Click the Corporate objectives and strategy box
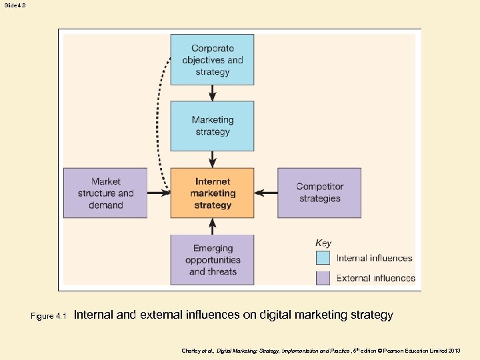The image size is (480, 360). pyautogui.click(x=212, y=59)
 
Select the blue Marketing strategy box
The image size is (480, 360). pyautogui.click(x=212, y=125)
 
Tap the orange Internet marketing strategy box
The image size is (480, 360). pyautogui.click(x=212, y=193)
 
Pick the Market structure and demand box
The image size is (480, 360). pyautogui.click(x=105, y=193)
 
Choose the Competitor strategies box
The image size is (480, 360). pyautogui.click(x=319, y=193)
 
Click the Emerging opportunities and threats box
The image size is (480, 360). pyautogui.click(x=212, y=259)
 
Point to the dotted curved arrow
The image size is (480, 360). pyautogui.click(x=159, y=120)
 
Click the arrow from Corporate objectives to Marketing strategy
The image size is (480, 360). pyautogui.click(x=213, y=93)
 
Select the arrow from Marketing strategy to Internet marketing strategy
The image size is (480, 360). pyautogui.click(x=213, y=159)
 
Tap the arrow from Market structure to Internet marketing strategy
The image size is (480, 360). pyautogui.click(x=159, y=193)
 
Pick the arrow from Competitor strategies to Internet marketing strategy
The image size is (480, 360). pyautogui.click(x=266, y=193)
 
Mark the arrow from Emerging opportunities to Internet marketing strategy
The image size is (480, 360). pyautogui.click(x=213, y=226)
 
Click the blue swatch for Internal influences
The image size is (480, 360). pyautogui.click(x=323, y=258)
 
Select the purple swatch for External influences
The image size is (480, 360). pyautogui.click(x=323, y=278)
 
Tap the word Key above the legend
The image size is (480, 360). pyautogui.click(x=323, y=243)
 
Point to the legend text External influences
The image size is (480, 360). pyautogui.click(x=376, y=278)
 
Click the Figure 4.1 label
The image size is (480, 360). pyautogui.click(x=49, y=316)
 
